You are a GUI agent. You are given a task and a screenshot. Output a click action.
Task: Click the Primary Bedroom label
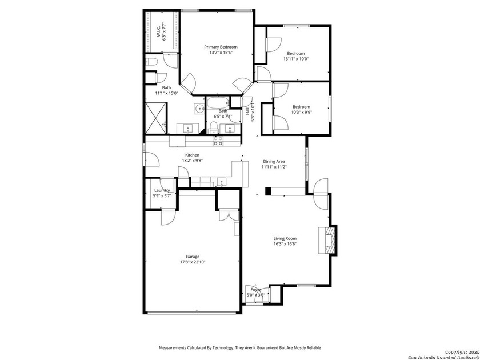pyautogui.click(x=221, y=47)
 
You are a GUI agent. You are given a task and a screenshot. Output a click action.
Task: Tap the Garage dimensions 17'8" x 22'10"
pyautogui.click(x=192, y=262)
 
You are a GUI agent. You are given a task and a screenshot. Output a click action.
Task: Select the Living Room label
pyautogui.click(x=285, y=238)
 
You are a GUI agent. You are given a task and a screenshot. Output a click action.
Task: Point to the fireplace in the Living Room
pyautogui.click(x=330, y=240)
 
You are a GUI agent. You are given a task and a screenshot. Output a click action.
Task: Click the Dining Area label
pyautogui.click(x=274, y=162)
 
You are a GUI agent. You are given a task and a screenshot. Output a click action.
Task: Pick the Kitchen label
pyautogui.click(x=192, y=155)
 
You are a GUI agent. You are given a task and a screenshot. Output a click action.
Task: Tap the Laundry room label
pyautogui.click(x=162, y=190)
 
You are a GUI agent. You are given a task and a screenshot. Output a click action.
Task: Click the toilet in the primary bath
pyautogui.click(x=151, y=62)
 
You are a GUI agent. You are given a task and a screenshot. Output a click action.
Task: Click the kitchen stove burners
pyautogui.click(x=218, y=141)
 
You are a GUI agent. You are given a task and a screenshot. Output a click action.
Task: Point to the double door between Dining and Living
pyautogui.click(x=321, y=193)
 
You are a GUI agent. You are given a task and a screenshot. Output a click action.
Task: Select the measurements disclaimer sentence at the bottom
pyautogui.click(x=239, y=347)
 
